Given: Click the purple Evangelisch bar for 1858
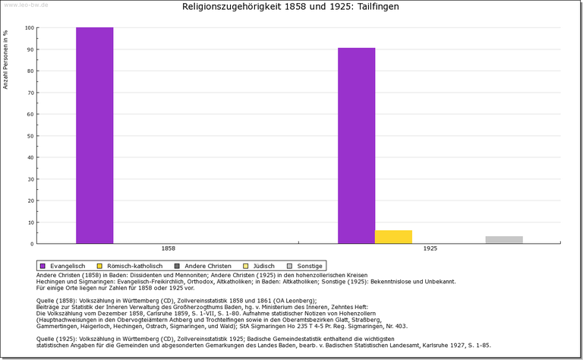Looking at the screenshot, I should pos(94,135).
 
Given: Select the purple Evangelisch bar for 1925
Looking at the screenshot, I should pos(356,145).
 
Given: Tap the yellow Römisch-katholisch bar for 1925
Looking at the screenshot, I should pos(393,236).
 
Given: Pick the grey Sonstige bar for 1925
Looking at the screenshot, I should pos(504,240).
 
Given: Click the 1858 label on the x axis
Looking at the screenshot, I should pos(169,248).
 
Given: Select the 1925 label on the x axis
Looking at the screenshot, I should pos(430,248).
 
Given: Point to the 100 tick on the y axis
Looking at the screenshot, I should pos(29,28).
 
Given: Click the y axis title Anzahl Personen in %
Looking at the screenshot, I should pos(6,60).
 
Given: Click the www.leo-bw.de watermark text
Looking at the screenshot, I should pos(27,4).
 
